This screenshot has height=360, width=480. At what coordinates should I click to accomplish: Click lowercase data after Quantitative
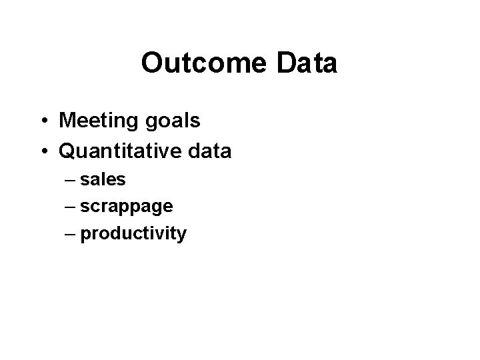tap(209, 151)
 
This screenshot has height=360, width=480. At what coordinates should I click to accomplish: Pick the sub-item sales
tap(103, 180)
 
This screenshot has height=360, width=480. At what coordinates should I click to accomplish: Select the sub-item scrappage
tap(127, 207)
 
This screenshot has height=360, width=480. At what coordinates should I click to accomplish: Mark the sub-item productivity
tap(133, 234)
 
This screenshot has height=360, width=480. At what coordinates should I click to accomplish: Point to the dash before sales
tap(71, 181)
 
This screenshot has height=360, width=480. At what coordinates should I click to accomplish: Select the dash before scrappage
tap(71, 207)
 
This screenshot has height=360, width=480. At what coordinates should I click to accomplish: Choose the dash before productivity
tap(71, 234)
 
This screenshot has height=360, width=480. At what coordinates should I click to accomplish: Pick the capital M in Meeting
tap(67, 121)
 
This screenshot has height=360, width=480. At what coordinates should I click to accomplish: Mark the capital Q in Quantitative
tap(68, 151)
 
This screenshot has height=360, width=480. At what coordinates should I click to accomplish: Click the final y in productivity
tap(182, 236)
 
